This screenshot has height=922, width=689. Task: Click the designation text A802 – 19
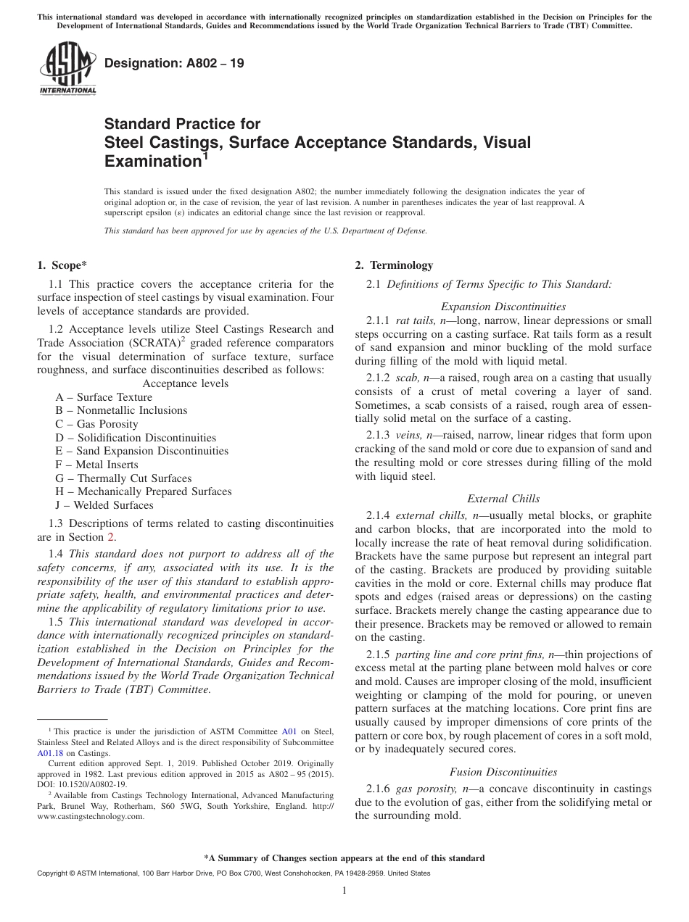174,64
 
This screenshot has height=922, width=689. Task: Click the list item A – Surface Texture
104,397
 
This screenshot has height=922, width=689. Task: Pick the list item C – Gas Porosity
96,424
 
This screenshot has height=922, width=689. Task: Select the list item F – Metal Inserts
96,465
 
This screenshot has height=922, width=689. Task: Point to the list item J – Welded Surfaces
104,505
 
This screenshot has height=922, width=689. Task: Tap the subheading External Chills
503,499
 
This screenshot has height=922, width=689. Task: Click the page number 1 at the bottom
344,891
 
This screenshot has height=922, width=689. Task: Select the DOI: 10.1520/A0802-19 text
81,784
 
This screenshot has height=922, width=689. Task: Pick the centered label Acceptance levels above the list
186,383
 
